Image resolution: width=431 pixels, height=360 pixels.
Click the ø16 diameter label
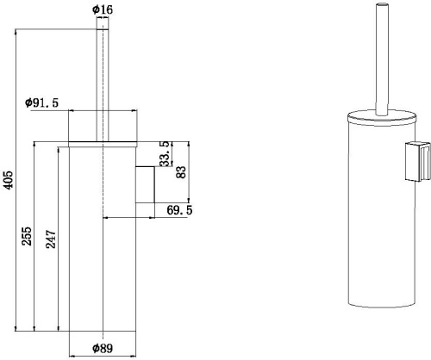pos(103,10)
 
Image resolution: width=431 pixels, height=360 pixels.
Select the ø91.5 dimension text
pos(42,102)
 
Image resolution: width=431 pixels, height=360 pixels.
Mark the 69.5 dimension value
pos(179,209)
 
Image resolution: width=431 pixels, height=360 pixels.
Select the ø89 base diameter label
pos(104,349)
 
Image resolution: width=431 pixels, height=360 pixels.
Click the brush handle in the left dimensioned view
pos(103,78)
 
